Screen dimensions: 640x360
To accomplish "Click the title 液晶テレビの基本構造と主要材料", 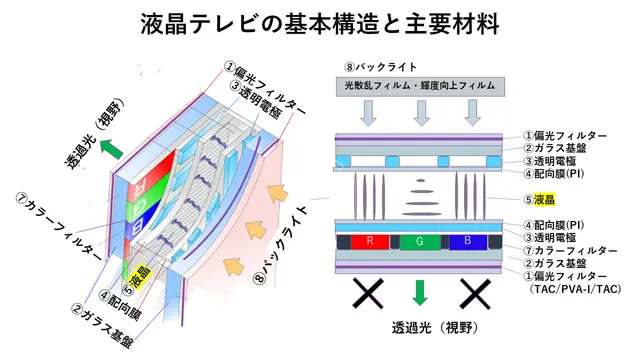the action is coord(320,24).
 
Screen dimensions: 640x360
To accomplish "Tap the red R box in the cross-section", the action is coord(370,242).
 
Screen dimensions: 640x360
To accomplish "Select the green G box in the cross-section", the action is coord(420,242).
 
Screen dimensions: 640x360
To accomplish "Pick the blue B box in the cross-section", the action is coord(468,242).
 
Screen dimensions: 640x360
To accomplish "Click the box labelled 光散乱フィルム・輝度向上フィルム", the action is coord(420,87).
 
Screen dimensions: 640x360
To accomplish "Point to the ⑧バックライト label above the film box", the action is coord(380,67).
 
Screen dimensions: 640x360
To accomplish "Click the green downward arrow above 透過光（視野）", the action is coord(420,292).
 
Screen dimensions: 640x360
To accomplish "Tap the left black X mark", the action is coord(368,293).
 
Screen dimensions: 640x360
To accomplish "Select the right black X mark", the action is coord(475,293).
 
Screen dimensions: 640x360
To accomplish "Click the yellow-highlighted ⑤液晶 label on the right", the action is coord(540,200).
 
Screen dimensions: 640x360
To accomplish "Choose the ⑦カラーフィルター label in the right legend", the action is coord(571,251).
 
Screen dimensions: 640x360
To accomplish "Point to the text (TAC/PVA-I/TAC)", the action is coord(575,289).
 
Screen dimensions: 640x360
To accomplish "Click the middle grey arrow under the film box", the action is coord(422,113).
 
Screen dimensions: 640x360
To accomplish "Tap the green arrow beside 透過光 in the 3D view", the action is coord(111,149).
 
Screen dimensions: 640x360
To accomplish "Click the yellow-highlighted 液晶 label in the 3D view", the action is coord(140,276).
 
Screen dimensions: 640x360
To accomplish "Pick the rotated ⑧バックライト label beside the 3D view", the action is coord(280,244).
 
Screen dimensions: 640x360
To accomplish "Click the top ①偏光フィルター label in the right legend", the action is coord(565,136).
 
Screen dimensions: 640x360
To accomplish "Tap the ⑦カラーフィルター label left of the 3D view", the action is coord(58,226).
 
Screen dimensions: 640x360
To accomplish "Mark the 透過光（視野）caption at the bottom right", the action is coord(435,327).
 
